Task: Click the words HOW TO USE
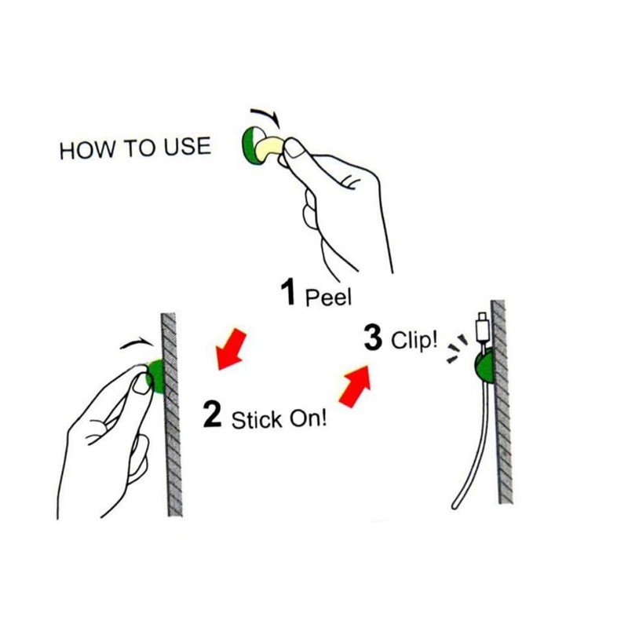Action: click(135, 149)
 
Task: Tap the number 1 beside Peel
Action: click(288, 294)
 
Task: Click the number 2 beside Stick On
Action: click(212, 414)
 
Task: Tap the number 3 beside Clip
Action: click(373, 339)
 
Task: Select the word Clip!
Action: click(414, 342)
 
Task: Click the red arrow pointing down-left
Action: click(231, 349)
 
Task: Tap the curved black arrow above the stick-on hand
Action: click(135, 342)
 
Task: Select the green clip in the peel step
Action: click(250, 144)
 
